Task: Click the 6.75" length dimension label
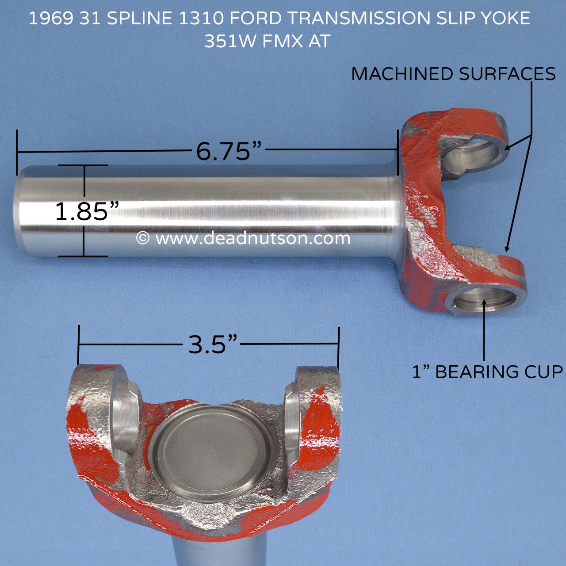coord(229,151)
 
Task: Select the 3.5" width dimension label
coord(213,344)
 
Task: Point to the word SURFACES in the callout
coord(507,74)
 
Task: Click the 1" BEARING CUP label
coord(487,372)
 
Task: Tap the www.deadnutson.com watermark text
coord(252,238)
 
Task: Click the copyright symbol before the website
coord(142,238)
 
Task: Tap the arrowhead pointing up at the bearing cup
coord(485,303)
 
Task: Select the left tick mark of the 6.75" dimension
coord(17,152)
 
